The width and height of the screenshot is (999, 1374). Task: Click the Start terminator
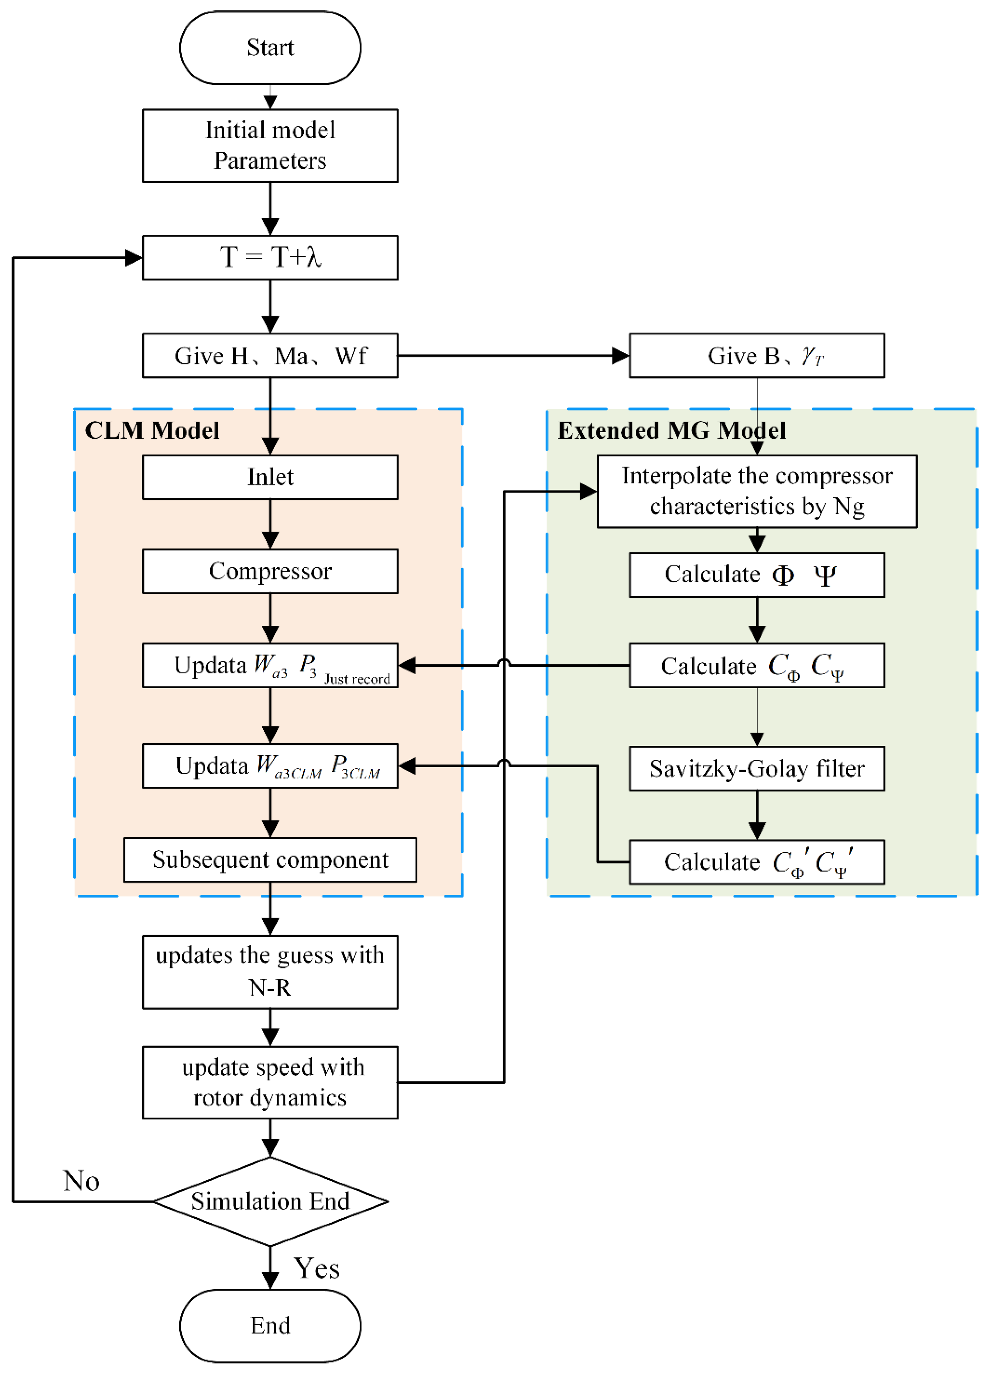point(270,47)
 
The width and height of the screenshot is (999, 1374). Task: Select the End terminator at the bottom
point(270,1326)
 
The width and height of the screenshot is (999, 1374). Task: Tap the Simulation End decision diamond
point(270,1201)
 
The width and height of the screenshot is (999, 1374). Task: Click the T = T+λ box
point(270,257)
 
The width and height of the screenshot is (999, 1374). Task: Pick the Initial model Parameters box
point(270,146)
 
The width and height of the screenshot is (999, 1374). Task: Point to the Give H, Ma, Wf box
point(270,356)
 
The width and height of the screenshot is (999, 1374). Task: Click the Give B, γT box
point(757,356)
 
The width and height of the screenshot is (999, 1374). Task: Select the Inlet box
point(270,478)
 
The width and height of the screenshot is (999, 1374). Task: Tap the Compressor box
point(270,571)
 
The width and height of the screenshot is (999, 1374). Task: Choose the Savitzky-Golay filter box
point(757,769)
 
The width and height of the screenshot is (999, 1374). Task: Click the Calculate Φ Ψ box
point(757,575)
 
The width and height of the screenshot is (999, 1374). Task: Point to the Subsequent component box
point(270,860)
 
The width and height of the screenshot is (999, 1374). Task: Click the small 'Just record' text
point(357,679)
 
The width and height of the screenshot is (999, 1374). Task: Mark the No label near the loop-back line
point(81,1181)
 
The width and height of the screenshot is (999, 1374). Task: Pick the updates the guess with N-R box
point(270,972)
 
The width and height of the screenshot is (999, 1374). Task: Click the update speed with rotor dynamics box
point(270,1083)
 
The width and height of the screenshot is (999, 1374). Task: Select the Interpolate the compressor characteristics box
point(757,491)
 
